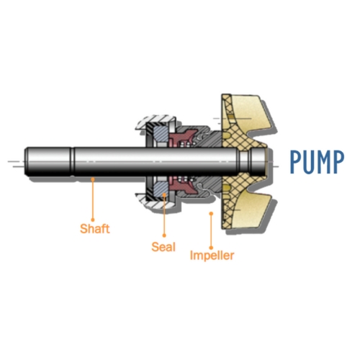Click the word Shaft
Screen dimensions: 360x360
pyautogui.click(x=95, y=228)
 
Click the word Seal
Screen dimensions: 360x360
pyautogui.click(x=163, y=247)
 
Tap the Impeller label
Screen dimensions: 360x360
pyautogui.click(x=212, y=256)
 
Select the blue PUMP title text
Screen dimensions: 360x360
pyautogui.click(x=317, y=162)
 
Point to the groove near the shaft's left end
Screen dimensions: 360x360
pyautogui.click(x=72, y=161)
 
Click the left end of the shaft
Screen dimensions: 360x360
pyautogui.click(x=25, y=161)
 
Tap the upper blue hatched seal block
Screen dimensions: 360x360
pyautogui.click(x=161, y=134)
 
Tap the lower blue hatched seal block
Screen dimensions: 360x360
pyautogui.click(x=161, y=189)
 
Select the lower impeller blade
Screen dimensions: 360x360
pyautogui.click(x=250, y=209)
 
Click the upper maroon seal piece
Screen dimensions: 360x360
pyautogui.click(x=181, y=138)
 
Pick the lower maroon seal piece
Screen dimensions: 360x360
pyautogui.click(x=181, y=186)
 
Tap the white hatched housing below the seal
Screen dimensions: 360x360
pyautogui.click(x=157, y=202)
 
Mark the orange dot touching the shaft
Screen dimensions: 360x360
pyautogui.click(x=93, y=179)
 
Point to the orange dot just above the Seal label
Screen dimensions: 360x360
pyautogui.click(x=164, y=235)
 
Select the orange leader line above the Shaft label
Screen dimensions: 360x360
pyautogui.click(x=93, y=199)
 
